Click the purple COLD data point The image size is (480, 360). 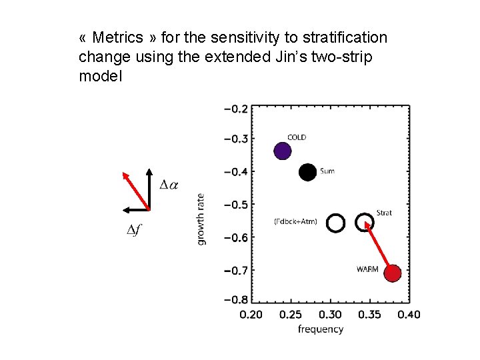283,151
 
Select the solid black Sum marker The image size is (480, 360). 307,172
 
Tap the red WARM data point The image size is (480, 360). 393,273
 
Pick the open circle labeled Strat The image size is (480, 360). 365,222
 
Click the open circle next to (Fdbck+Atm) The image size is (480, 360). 335,223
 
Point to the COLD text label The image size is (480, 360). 297,137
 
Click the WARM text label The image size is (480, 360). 367,269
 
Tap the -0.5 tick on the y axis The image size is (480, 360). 235,205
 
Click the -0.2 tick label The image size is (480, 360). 235,108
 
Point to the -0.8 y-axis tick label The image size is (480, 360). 235,300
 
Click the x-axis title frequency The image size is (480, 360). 321,329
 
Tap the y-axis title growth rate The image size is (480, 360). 201,219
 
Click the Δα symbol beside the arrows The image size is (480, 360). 169,184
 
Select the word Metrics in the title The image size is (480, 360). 117,37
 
